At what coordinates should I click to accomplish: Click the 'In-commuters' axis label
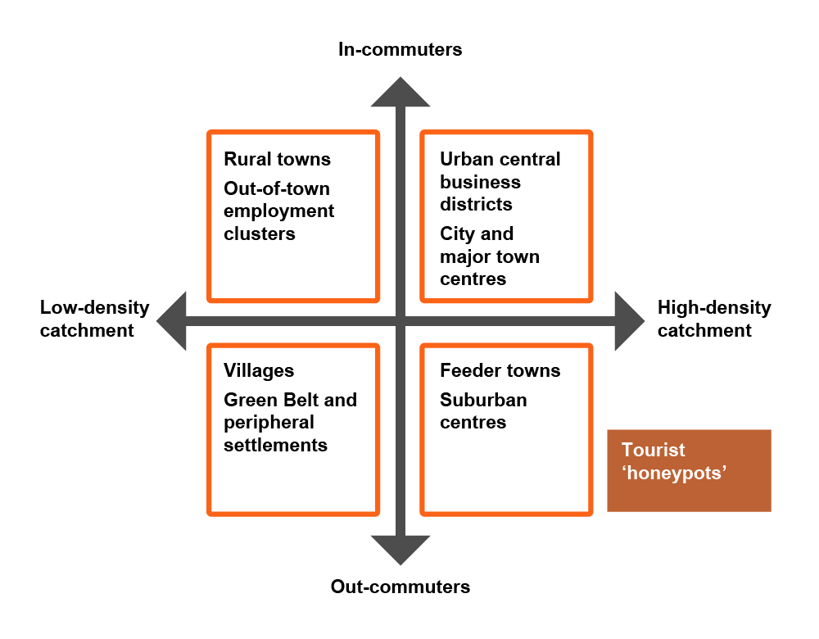(x=400, y=49)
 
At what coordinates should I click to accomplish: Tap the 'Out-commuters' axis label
(x=400, y=587)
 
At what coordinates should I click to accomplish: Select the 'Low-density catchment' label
(x=94, y=319)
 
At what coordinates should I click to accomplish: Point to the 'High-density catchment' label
(x=714, y=319)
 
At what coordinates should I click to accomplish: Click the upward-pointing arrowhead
(x=400, y=92)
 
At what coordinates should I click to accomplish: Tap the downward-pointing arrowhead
(x=400, y=551)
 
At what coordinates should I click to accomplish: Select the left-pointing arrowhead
(x=171, y=321)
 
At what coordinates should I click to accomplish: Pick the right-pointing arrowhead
(x=630, y=321)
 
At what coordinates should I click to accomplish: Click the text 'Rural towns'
(x=277, y=159)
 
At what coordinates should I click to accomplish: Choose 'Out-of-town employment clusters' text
(x=279, y=211)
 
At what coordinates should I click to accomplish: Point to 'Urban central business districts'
(x=500, y=181)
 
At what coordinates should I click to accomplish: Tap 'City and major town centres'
(x=490, y=256)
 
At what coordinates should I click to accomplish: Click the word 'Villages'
(x=259, y=370)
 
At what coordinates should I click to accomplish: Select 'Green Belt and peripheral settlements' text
(x=290, y=422)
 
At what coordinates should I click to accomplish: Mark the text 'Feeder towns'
(x=500, y=370)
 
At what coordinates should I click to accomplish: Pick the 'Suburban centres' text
(x=483, y=410)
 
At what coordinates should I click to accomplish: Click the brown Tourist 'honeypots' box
(x=689, y=470)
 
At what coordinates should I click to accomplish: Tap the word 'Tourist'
(x=653, y=450)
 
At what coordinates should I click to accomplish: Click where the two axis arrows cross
(x=400, y=321)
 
